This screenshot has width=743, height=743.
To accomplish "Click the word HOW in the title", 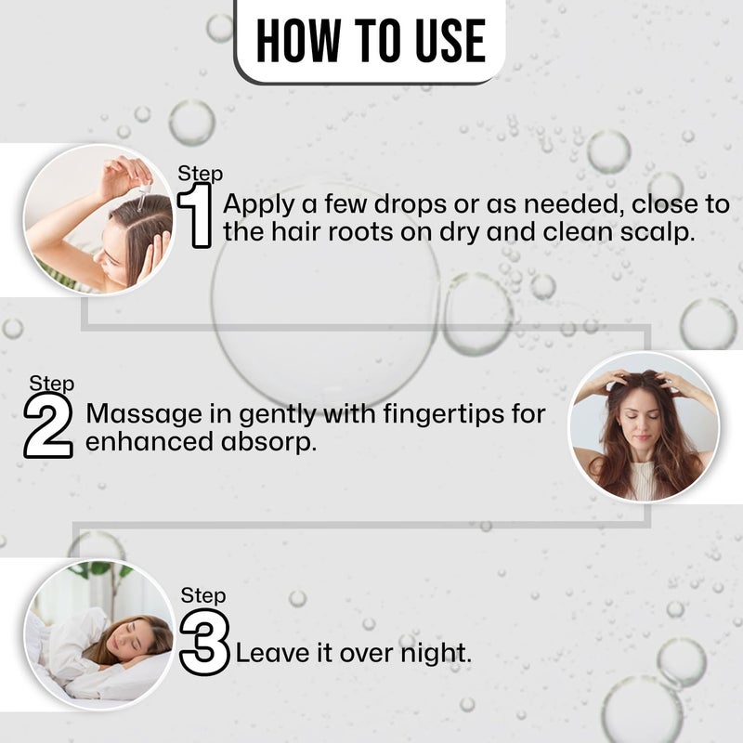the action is tap(298, 41).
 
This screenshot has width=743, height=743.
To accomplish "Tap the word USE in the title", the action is tap(450, 41).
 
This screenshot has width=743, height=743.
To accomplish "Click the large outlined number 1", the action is tap(195, 215).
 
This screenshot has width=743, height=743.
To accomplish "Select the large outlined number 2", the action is tap(48, 425).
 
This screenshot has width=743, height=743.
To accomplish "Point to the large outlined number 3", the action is tap(204, 642).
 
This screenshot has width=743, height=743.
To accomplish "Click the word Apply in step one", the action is tap(259, 205).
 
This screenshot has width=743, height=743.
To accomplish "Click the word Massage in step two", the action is tap(145, 414).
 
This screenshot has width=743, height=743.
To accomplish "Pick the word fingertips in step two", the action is tap(444, 414).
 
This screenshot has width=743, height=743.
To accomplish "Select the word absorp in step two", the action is tap(268, 443).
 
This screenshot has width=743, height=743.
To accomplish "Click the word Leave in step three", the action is tap(272, 653).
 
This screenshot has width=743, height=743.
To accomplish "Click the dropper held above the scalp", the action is tap(144, 195).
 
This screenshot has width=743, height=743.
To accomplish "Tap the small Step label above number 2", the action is tap(52, 384).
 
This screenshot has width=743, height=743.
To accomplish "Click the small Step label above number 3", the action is tap(203, 595).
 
